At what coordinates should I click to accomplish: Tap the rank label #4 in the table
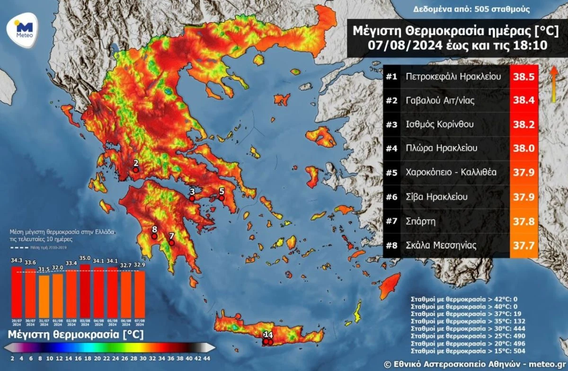(391, 148)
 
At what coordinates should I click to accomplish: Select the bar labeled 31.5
(44, 296)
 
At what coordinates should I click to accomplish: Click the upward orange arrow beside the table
(552, 84)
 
